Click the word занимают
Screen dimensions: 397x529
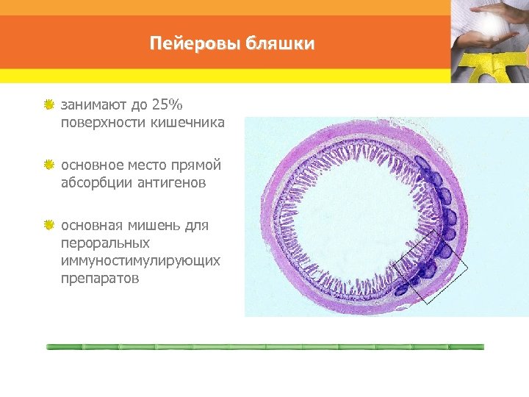[90, 104]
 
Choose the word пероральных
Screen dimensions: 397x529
[105, 243]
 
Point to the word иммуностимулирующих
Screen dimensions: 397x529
[140, 261]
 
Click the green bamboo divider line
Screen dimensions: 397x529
[264, 346]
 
